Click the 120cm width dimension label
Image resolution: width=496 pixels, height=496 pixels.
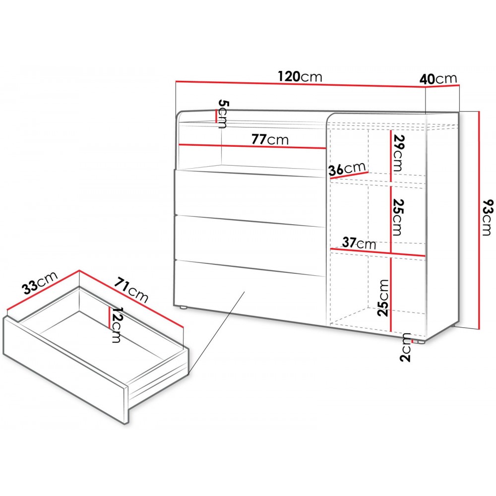(x=300, y=76)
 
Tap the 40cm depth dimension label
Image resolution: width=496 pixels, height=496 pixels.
(x=438, y=79)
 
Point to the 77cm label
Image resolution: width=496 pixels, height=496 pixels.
(x=270, y=139)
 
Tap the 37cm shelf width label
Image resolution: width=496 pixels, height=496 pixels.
(x=359, y=243)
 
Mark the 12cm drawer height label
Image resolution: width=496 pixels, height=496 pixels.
(x=116, y=324)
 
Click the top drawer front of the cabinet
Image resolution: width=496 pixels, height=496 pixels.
(x=250, y=197)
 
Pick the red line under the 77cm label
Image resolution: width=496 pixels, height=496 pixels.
(x=252, y=146)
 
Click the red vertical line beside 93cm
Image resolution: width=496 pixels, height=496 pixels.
(x=480, y=220)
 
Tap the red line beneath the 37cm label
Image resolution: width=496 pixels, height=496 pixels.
(x=378, y=252)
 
